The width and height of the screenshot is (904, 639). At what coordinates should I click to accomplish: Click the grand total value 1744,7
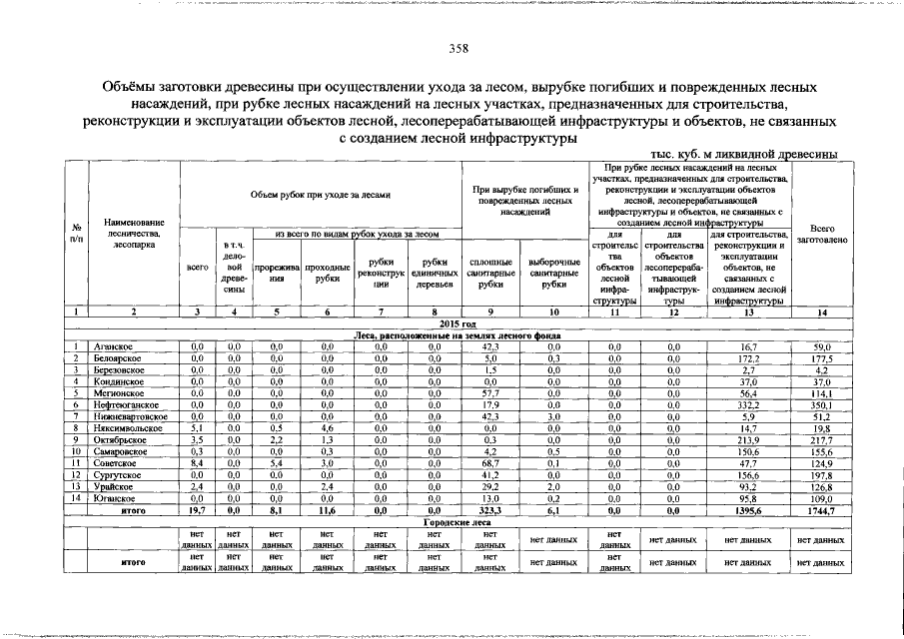pyautogui.click(x=822, y=510)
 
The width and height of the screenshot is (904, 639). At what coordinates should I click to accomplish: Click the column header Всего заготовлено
pyautogui.click(x=822, y=235)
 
